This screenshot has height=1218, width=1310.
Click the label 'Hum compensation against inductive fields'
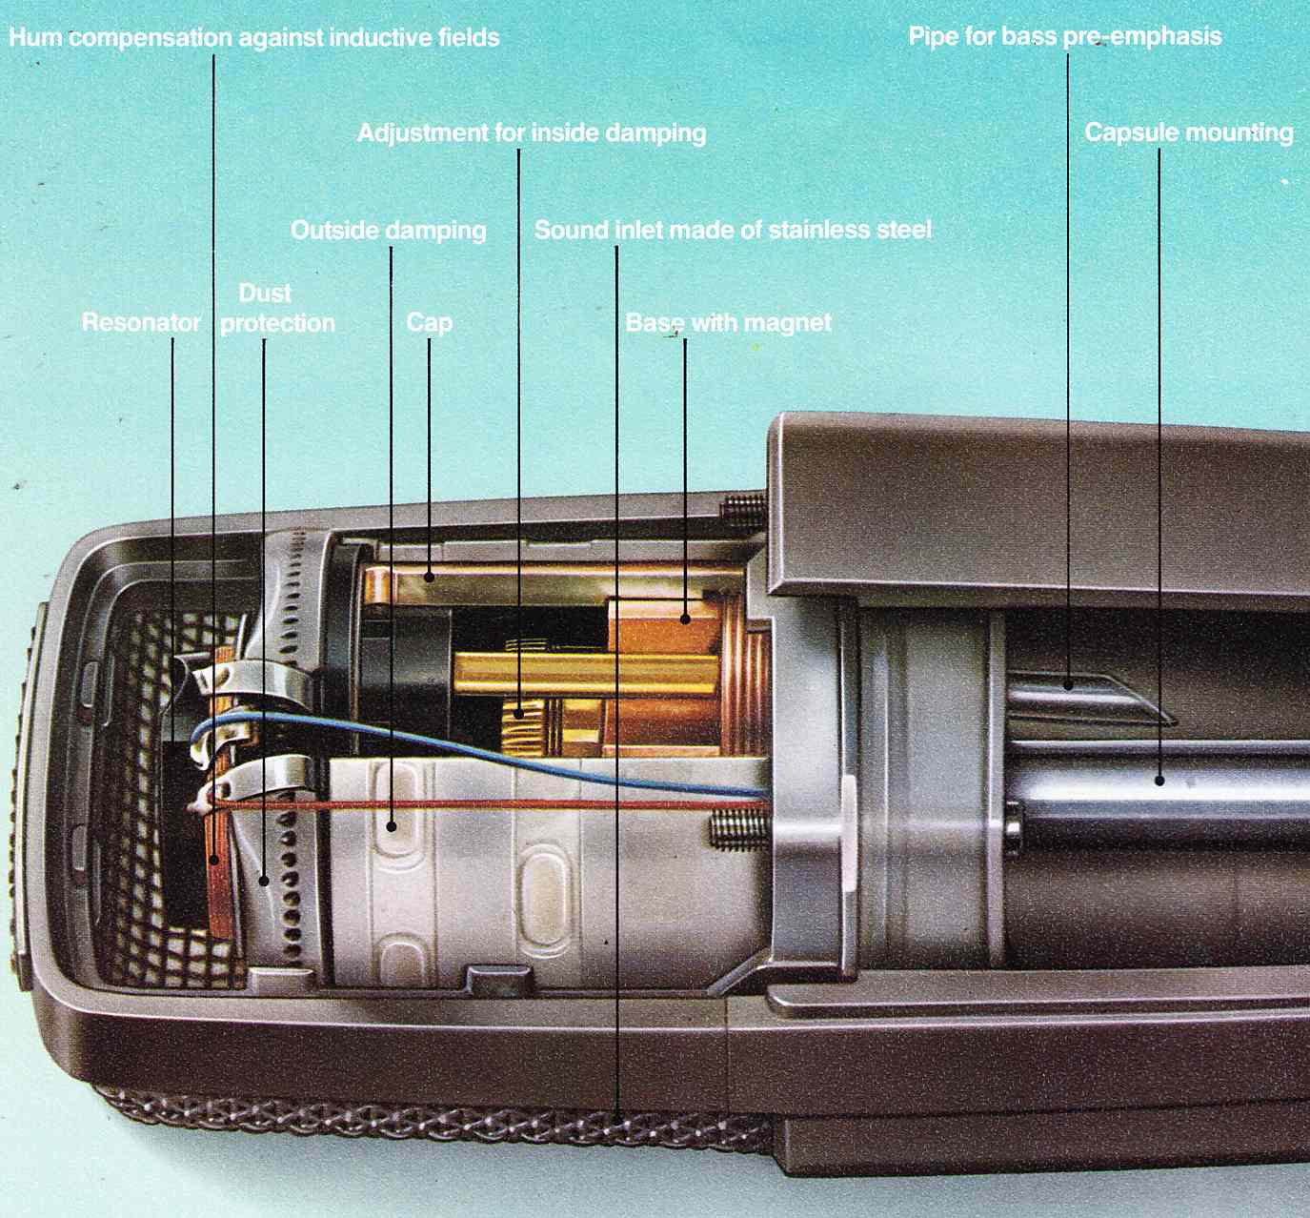254,38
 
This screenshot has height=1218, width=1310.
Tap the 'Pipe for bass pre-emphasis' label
1064,37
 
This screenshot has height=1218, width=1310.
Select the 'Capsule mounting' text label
1188,132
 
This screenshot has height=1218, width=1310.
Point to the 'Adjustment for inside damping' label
532,132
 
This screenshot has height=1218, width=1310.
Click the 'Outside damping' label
388,231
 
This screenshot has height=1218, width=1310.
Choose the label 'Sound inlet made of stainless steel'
732,230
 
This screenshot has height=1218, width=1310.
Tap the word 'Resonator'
141,322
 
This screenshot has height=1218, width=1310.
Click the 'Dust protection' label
276,309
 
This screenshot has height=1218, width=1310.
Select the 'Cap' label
429,322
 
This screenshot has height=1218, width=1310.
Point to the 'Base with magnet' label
728,323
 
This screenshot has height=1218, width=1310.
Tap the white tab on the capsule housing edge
849,829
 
